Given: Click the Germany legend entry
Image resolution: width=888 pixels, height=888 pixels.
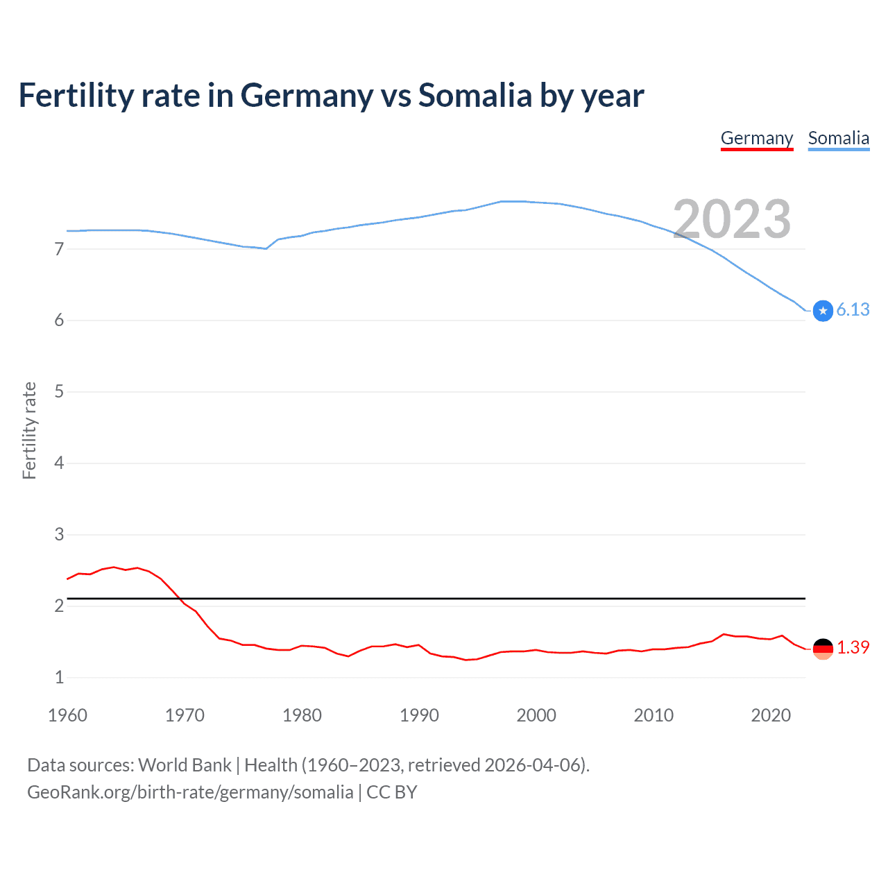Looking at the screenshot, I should [x=756, y=138].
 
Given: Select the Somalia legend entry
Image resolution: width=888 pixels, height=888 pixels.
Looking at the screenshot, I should [x=838, y=138].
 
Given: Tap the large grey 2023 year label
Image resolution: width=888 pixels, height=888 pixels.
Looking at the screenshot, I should [x=731, y=219].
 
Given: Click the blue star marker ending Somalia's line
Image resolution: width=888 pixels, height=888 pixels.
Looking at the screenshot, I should [x=823, y=311].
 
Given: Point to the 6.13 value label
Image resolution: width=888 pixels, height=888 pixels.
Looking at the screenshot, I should [x=853, y=309].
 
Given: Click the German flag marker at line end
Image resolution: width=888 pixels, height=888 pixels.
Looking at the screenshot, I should [x=823, y=649].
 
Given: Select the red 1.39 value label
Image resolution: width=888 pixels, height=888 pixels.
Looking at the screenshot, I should [x=853, y=647].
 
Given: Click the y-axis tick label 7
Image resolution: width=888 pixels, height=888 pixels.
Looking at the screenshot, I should [x=59, y=248].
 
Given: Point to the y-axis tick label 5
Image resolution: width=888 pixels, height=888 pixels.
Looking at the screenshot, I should [x=59, y=391].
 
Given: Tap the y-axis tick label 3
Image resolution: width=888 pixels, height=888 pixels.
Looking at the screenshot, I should [x=59, y=534].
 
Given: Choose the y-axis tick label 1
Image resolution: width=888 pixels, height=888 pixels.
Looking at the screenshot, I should [x=59, y=677].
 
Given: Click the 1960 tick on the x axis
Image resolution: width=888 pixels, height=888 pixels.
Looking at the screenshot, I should [x=67, y=715].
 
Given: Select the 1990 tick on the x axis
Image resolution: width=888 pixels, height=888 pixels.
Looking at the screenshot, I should [x=419, y=715].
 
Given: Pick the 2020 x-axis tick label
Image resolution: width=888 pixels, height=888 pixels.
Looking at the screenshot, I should [x=771, y=715].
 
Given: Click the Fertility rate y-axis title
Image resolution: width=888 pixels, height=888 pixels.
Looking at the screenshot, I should [x=29, y=430].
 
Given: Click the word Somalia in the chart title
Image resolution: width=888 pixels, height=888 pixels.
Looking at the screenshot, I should [x=475, y=96].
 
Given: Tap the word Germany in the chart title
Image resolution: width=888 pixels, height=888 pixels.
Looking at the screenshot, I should [x=307, y=96].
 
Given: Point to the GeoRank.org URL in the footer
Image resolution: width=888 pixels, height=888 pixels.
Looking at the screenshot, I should [x=190, y=792].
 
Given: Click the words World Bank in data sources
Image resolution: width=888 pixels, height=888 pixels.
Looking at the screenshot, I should [x=185, y=765].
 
